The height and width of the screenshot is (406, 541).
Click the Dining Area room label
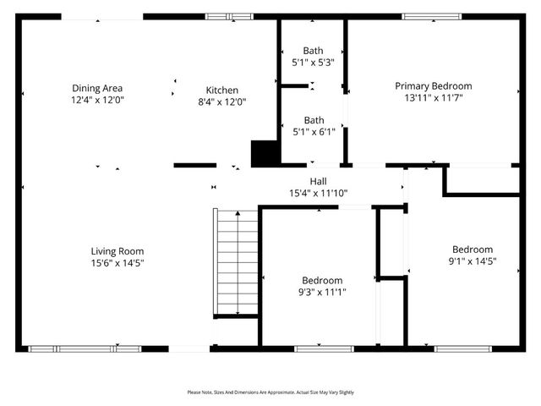[97, 86]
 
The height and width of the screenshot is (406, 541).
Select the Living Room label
[117, 250]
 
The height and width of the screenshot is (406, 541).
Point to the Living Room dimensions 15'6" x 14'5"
[117, 263]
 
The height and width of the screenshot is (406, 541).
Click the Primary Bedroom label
[434, 85]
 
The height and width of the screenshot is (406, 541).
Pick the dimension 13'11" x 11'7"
[434, 98]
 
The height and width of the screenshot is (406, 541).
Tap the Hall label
[318, 181]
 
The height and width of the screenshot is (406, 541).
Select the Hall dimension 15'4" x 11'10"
[318, 194]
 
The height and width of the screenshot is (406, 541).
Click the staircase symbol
[236, 262]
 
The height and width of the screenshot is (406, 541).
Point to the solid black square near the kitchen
[265, 153]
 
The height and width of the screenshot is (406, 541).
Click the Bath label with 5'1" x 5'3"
[314, 50]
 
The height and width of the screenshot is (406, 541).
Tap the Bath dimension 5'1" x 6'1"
[314, 131]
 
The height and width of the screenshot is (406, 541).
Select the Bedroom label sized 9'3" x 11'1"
[322, 280]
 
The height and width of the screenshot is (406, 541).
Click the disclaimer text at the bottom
[270, 392]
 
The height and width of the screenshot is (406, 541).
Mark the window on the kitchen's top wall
[229, 15]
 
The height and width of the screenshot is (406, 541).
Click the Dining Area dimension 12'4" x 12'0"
[97, 99]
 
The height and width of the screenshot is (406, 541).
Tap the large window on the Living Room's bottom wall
[85, 348]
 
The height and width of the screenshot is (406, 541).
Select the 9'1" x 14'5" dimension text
[472, 261]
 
